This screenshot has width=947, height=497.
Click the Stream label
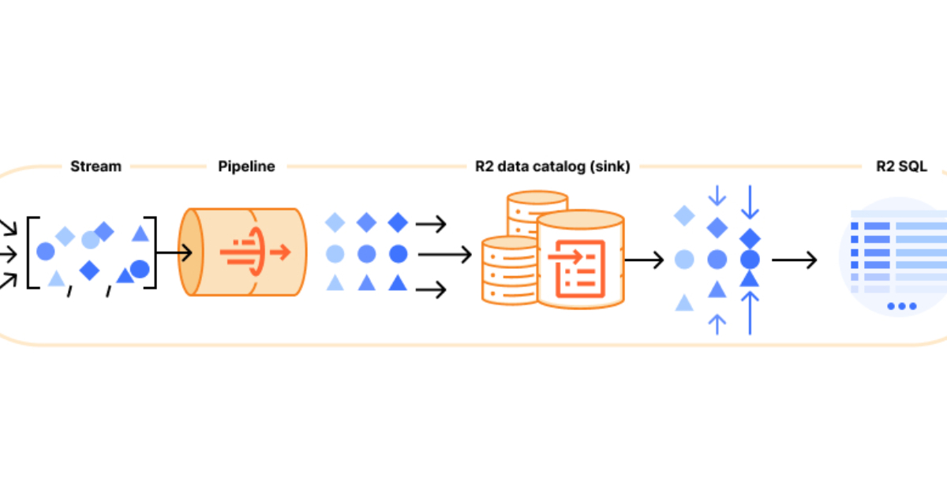coord(95,166)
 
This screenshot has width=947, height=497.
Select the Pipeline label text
coord(246,166)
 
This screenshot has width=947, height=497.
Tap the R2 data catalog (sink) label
coord(552,166)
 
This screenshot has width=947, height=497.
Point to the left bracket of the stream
coord(32,252)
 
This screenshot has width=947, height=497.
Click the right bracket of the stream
coord(151,252)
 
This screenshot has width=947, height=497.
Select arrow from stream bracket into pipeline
coord(175,253)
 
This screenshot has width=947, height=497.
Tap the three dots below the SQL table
coord(901,306)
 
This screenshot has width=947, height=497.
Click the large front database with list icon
coord(580,260)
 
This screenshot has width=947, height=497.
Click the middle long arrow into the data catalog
coord(445,255)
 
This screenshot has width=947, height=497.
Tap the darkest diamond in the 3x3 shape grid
coord(398,223)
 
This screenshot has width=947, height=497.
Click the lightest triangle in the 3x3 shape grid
coord(335,282)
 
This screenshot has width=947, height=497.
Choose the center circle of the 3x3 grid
coord(366,254)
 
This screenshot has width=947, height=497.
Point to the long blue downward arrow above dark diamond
coord(750,202)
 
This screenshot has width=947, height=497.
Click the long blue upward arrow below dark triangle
coord(750,312)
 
